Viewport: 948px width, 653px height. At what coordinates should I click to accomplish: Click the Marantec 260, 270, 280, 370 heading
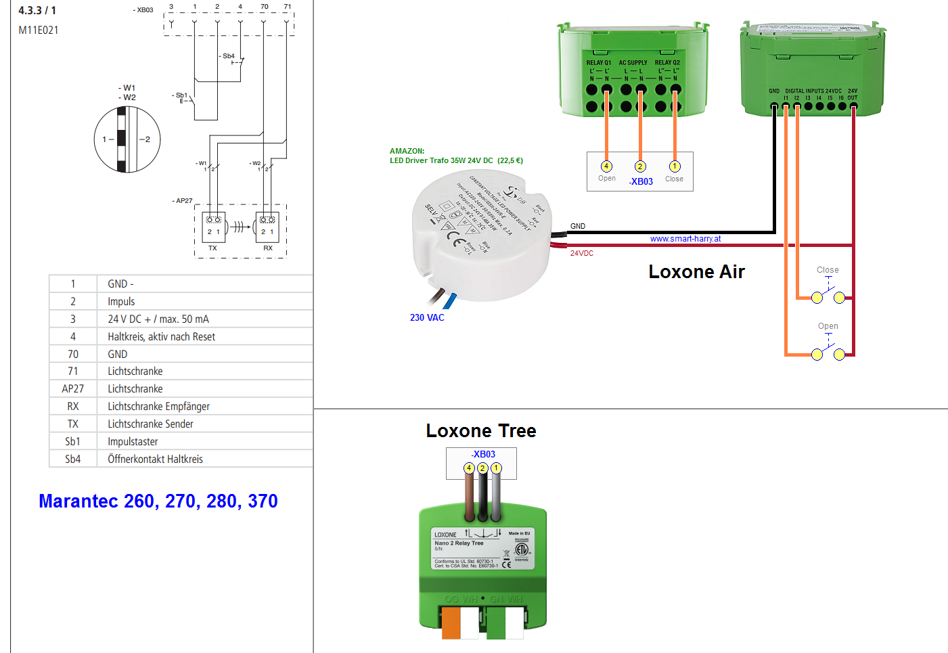point(158,501)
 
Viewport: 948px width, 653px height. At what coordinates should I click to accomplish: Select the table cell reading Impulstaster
point(133,442)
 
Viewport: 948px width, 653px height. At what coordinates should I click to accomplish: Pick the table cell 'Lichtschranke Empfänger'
point(158,407)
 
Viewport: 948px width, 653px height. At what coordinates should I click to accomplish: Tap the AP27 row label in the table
point(73,389)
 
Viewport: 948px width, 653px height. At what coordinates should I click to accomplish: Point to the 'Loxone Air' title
point(696,272)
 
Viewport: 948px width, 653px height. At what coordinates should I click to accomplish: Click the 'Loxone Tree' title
point(480,431)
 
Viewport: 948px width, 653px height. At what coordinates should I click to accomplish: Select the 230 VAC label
point(427,317)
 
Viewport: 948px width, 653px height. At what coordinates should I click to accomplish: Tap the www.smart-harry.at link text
point(685,239)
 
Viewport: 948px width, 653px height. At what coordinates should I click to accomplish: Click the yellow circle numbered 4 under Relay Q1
point(606,166)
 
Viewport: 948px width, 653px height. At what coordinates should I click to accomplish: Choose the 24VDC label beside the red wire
point(581,254)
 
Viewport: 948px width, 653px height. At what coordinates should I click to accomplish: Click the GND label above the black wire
point(578,226)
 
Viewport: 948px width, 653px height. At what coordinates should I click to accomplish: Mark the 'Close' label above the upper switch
point(828,270)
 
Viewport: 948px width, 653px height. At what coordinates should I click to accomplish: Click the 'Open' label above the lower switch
point(828,326)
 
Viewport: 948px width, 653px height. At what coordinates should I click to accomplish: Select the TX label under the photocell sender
point(212,248)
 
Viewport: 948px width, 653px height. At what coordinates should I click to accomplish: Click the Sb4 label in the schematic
point(229,56)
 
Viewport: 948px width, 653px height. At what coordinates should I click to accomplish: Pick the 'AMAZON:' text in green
point(407,151)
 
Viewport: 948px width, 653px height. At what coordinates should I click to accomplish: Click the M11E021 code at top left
point(39,30)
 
